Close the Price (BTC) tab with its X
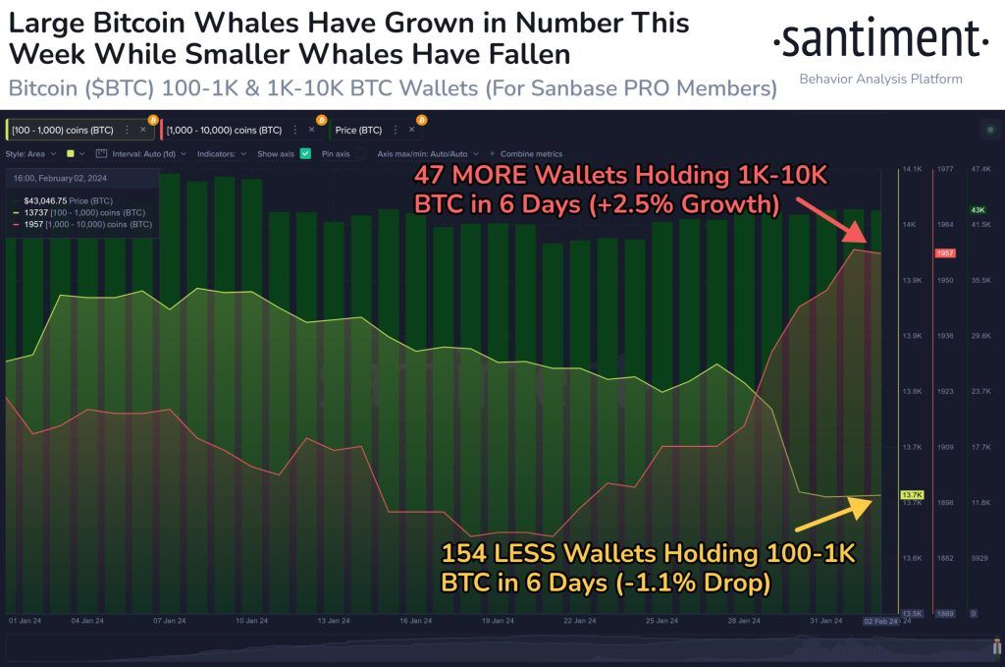coord(411,130)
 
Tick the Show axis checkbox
coord(305,154)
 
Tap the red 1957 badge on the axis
coord(945,253)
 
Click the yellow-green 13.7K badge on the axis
coord(911,494)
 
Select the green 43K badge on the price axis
coord(979,210)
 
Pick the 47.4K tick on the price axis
coord(979,170)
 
